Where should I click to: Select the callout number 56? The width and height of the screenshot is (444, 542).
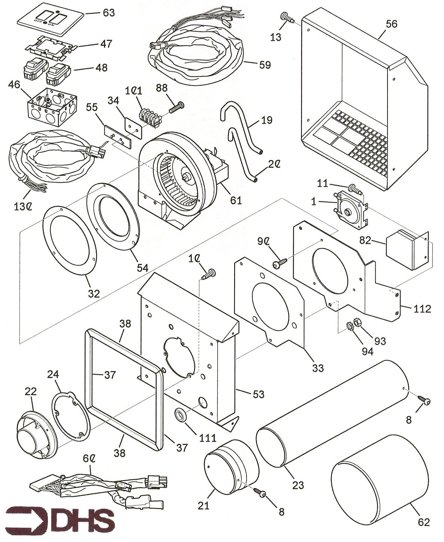pyautogui.click(x=392, y=24)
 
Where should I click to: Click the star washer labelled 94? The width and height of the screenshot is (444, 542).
pyautogui.click(x=351, y=328)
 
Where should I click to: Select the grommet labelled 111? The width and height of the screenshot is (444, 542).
pyautogui.click(x=181, y=415)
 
